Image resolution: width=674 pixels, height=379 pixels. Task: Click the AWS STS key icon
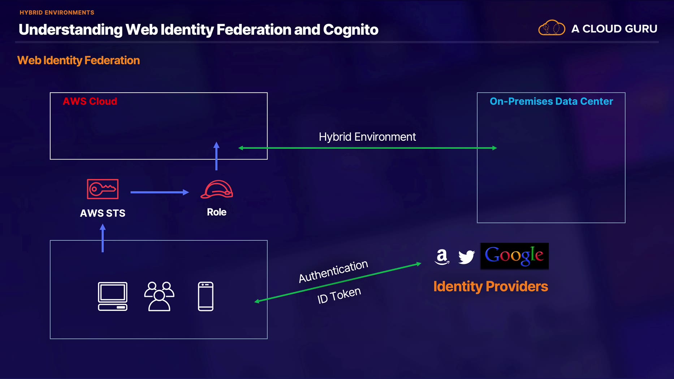click(x=103, y=189)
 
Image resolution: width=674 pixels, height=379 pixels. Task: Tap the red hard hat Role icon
click(x=217, y=189)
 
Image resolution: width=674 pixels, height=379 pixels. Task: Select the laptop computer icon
click(x=113, y=296)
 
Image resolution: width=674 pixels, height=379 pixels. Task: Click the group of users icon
click(x=159, y=296)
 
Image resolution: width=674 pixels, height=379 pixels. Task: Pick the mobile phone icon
click(x=206, y=296)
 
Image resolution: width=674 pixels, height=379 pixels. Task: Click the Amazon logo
click(x=442, y=257)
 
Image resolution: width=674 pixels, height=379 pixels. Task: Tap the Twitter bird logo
click(x=466, y=257)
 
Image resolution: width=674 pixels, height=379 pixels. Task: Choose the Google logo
click(x=514, y=256)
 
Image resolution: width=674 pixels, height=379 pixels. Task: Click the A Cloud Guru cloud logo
click(x=552, y=28)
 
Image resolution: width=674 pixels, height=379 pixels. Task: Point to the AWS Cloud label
click(x=90, y=101)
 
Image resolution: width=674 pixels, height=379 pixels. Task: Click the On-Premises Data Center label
click(x=551, y=101)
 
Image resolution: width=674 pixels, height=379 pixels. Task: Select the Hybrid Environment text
click(x=367, y=137)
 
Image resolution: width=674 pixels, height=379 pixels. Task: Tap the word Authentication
click(x=333, y=271)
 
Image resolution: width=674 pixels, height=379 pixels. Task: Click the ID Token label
click(x=339, y=295)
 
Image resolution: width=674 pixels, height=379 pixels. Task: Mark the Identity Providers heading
click(x=491, y=286)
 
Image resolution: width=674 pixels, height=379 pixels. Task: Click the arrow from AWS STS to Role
click(x=159, y=192)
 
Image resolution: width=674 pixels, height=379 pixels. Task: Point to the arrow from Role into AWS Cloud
click(x=216, y=156)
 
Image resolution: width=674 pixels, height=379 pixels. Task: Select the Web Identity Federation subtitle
click(x=78, y=60)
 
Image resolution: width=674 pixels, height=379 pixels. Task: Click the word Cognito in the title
click(x=350, y=30)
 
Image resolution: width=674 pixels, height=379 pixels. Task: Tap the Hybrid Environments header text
click(x=57, y=13)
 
